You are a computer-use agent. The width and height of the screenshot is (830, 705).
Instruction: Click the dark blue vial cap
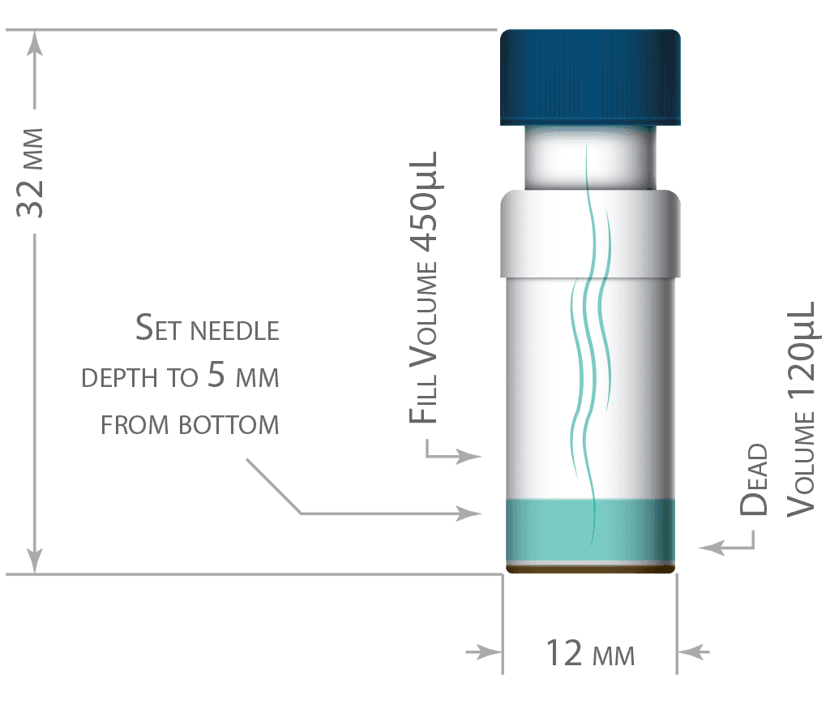(x=590, y=77)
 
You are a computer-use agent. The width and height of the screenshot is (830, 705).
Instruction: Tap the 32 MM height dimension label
(x=30, y=173)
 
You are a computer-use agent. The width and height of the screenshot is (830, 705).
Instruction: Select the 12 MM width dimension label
(x=590, y=653)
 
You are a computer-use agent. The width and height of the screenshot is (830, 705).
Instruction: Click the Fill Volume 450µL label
(x=424, y=288)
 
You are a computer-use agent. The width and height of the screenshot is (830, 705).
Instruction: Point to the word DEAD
(x=753, y=479)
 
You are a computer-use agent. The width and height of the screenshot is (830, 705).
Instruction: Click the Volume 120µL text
(x=801, y=410)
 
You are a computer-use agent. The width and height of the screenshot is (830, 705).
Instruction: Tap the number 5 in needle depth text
(x=216, y=374)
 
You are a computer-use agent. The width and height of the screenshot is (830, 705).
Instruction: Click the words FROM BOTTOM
(x=190, y=425)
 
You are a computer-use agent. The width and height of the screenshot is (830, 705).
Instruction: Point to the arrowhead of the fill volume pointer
(x=469, y=456)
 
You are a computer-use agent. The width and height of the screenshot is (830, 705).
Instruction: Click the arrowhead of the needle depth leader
(x=469, y=514)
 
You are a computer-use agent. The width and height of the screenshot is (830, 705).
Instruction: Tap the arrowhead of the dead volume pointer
(x=712, y=547)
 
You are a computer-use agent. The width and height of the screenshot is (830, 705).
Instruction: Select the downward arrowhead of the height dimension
(x=34, y=561)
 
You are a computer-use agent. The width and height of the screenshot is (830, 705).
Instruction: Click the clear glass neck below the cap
(x=590, y=158)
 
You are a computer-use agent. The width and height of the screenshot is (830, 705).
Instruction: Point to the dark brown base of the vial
(x=590, y=569)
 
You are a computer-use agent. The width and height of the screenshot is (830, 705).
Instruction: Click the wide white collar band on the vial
(x=590, y=234)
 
